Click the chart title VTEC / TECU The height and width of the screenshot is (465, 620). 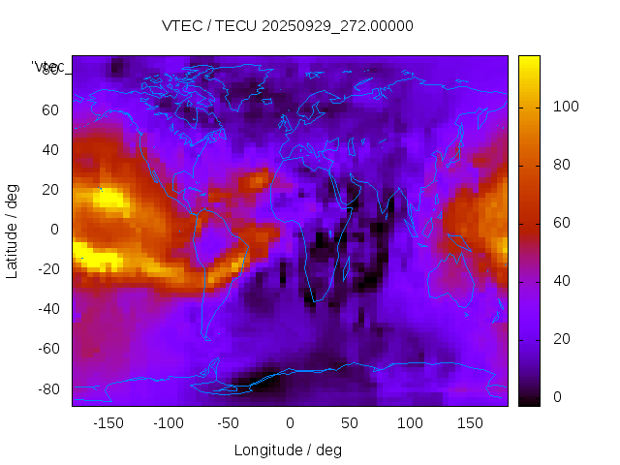[x=287, y=26]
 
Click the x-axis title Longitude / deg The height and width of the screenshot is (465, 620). [x=288, y=449]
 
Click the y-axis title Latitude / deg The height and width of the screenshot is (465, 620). [x=13, y=230]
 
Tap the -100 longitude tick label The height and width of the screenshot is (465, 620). [x=168, y=423]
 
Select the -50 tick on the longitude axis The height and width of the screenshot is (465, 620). [x=229, y=423]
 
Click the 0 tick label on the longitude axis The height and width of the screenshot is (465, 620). [x=290, y=423]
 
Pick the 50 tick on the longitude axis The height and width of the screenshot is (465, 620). [x=350, y=423]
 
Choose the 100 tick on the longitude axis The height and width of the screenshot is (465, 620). [x=410, y=423]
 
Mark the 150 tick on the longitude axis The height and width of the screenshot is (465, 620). [x=470, y=423]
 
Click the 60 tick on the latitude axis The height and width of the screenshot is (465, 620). [x=50, y=110]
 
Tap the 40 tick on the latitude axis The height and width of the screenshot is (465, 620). [x=50, y=150]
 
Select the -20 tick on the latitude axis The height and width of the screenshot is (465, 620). [x=47, y=269]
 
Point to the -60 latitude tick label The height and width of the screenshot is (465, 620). [x=47, y=349]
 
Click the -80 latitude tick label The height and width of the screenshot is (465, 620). [x=47, y=388]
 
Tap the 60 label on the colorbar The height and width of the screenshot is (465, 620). [x=561, y=223]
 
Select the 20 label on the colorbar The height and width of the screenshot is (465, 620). [x=561, y=339]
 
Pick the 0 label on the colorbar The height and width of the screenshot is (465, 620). [x=557, y=397]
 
